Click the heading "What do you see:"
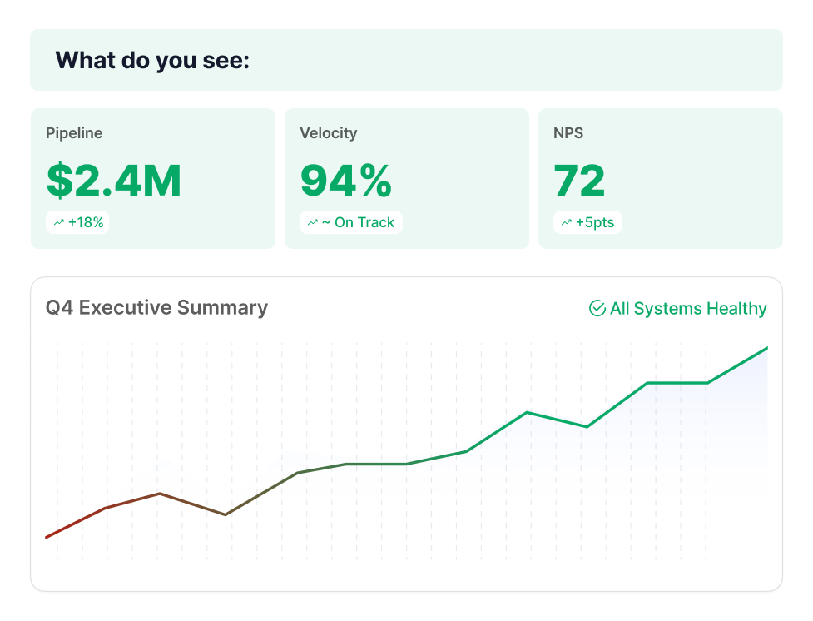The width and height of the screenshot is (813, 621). (152, 61)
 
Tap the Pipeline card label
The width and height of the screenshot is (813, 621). (74, 133)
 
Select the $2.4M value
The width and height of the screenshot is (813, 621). (114, 181)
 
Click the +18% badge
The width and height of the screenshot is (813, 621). (79, 222)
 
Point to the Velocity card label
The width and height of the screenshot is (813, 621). (328, 133)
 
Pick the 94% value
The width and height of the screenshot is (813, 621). (345, 181)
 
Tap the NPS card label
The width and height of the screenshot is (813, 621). (569, 133)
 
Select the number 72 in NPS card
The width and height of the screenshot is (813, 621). (579, 181)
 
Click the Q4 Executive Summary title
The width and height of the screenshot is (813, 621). (156, 308)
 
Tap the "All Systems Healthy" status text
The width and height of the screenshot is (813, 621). (687, 309)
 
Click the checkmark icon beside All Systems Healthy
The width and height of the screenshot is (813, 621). (597, 309)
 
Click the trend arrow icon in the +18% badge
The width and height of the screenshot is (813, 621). (59, 222)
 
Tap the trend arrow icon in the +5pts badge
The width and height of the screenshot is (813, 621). (567, 222)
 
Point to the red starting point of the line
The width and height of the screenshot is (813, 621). (47, 537)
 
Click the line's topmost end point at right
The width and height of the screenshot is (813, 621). (766, 348)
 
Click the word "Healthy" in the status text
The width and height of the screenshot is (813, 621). (736, 309)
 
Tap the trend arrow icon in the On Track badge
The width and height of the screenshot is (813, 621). (313, 222)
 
